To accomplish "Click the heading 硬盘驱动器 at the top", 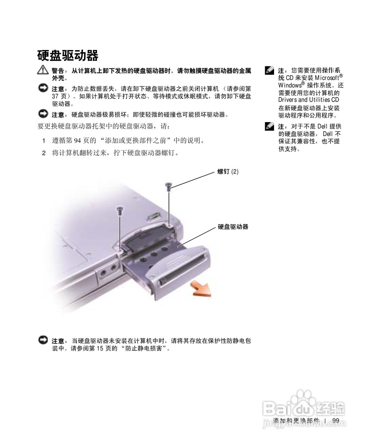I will tap(68, 55).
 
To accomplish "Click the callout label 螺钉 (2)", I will tap(228, 171).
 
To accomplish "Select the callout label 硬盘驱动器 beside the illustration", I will tap(233, 227).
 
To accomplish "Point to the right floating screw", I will tap(168, 186).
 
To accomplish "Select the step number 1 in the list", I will tap(44, 141).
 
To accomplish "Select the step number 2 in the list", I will tap(44, 153).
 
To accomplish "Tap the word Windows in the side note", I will tap(290, 85).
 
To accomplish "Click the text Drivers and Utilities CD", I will tap(309, 100).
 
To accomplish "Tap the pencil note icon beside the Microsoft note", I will tap(270, 70).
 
